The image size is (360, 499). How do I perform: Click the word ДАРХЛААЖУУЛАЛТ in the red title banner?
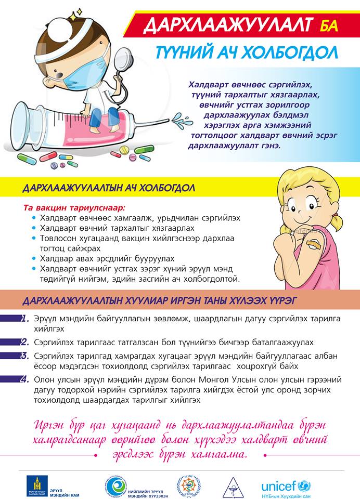227,25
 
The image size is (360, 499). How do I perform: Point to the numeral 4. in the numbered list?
24,379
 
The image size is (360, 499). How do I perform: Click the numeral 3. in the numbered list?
24,356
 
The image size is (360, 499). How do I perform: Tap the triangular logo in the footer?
233,487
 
